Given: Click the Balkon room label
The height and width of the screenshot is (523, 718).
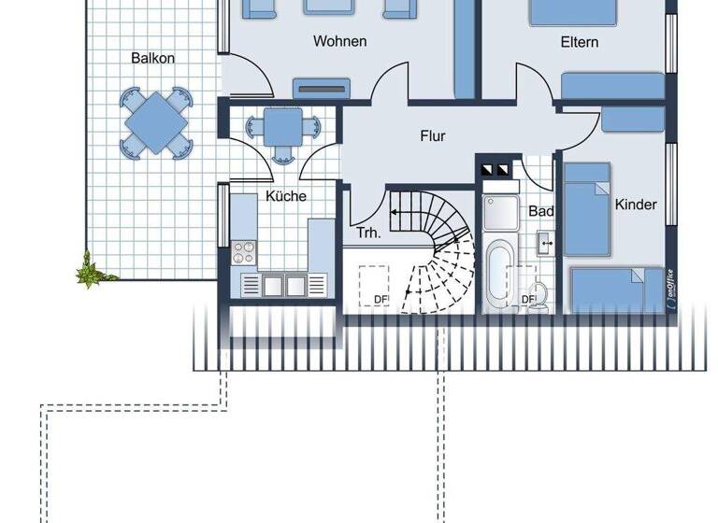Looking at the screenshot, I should [x=152, y=58].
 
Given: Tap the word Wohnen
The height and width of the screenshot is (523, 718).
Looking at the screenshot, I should [x=339, y=41].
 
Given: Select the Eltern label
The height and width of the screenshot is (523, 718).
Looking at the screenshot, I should [x=580, y=42].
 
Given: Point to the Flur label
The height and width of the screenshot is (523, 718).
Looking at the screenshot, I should [x=432, y=136].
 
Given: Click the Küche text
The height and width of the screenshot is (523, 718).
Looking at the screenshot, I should [x=286, y=196].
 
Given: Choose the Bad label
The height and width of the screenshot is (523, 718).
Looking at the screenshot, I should [x=541, y=211].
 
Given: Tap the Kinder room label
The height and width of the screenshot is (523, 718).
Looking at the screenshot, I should [x=636, y=205].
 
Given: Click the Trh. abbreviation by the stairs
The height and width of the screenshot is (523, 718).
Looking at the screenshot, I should [x=367, y=233].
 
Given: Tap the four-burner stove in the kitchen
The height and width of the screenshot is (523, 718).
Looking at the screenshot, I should [x=243, y=252].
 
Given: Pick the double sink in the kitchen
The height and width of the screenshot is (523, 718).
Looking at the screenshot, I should [x=286, y=284].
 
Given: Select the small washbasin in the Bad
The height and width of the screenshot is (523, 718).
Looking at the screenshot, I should [x=545, y=244].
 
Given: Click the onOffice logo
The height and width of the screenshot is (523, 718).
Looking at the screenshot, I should [x=672, y=287].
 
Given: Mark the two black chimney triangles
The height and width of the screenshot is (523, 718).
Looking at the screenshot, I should [x=494, y=170].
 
